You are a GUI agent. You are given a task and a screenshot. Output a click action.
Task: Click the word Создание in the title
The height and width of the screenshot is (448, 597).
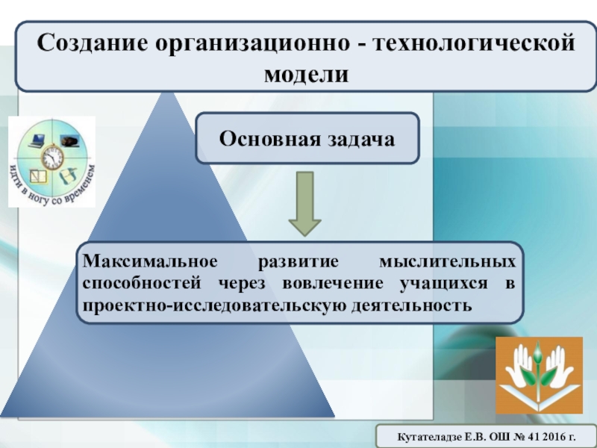92,43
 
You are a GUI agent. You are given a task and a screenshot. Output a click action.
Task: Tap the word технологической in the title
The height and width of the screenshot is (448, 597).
474,43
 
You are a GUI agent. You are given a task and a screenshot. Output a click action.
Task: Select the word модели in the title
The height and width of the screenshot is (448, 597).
307,74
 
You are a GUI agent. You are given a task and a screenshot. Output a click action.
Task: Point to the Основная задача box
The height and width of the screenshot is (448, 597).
307,138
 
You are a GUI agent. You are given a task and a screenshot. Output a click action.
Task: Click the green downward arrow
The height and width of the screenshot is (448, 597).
305,204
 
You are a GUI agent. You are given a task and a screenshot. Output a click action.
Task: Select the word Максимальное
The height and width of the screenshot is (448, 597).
150,261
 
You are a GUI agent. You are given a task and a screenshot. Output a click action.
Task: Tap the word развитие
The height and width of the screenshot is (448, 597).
298,262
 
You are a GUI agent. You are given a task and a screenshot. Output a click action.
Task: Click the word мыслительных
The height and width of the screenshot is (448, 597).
448,262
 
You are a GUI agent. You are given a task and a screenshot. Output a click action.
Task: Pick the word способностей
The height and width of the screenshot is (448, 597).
142,284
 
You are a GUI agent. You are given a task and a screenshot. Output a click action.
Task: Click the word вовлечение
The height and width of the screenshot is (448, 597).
333,284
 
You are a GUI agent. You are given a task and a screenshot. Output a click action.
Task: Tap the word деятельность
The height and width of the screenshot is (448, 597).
412,306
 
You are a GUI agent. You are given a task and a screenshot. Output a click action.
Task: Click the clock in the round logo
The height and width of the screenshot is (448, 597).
52,157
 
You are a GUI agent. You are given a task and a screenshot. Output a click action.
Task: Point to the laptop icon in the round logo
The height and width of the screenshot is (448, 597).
37,140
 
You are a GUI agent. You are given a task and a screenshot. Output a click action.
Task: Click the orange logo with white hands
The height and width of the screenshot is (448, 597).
539,376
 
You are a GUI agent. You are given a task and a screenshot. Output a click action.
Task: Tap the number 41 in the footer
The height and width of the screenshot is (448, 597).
532,437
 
